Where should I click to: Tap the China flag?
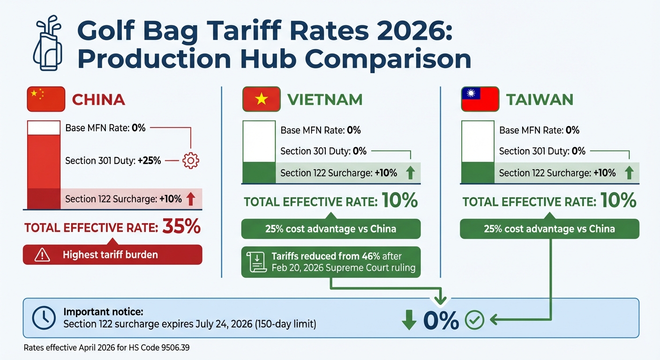point(45,99)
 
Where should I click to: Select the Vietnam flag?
point(261,99)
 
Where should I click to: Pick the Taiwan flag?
point(480,99)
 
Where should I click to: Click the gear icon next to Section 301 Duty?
point(191,161)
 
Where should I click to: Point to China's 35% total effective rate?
point(181,227)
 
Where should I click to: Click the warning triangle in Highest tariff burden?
point(42,255)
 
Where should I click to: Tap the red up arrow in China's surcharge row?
point(190,199)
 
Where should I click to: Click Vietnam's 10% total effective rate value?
point(399,201)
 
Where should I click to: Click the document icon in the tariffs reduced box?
point(256,262)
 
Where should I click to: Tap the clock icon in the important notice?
point(44,318)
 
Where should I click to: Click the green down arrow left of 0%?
point(409,320)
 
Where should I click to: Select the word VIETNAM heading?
point(324,100)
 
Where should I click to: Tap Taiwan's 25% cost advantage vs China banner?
point(549,229)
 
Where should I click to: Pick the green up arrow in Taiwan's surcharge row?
point(629,173)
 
